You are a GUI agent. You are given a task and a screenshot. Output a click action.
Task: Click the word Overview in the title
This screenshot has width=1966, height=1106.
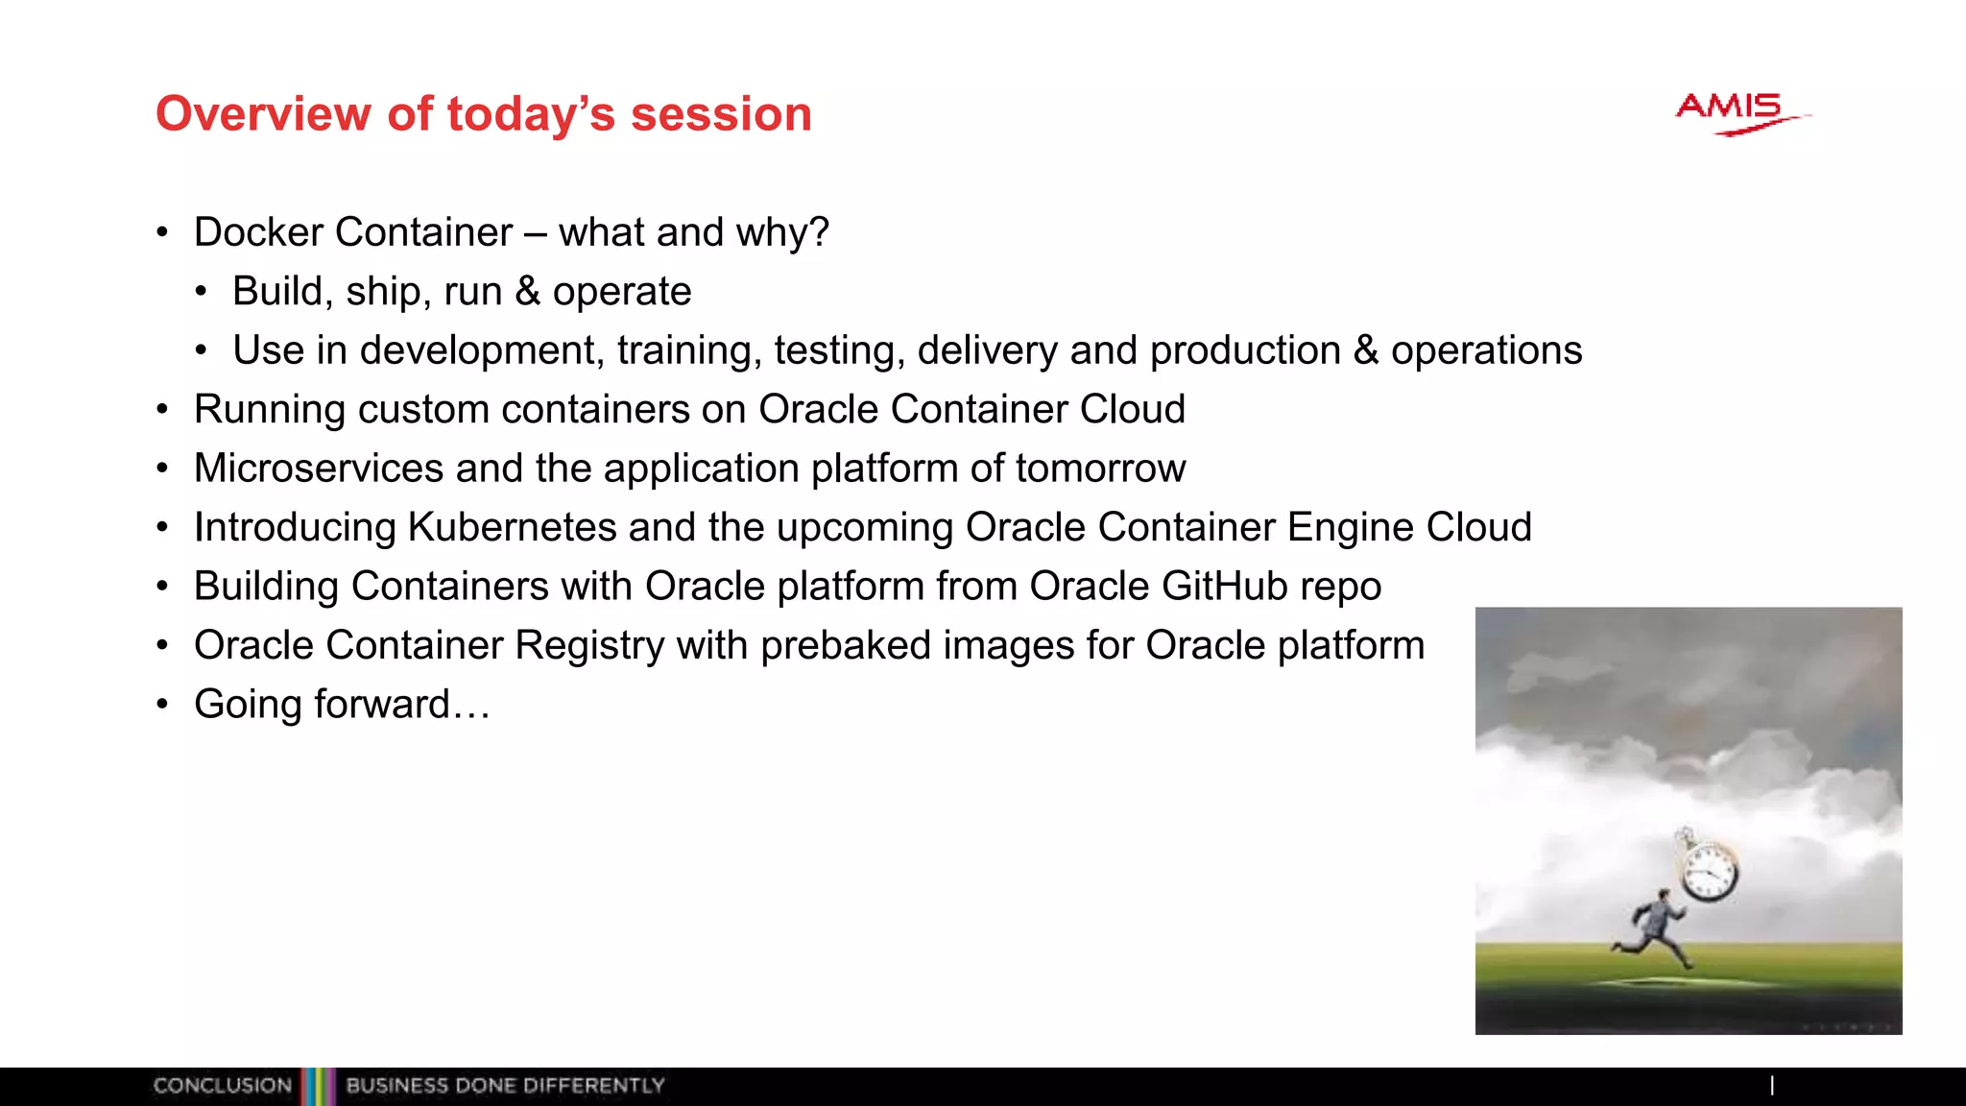tap(262, 114)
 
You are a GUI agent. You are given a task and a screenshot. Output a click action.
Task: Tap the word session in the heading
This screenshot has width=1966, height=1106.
tap(721, 114)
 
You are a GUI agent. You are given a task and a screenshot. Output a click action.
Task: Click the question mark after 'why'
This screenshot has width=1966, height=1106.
tap(819, 232)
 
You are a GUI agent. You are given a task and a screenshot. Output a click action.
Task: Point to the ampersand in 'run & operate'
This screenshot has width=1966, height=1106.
tap(527, 291)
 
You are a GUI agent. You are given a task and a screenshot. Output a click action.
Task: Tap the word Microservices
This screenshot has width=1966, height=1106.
tap(319, 469)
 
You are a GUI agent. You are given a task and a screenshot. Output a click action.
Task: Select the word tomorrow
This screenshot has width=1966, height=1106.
tap(1100, 469)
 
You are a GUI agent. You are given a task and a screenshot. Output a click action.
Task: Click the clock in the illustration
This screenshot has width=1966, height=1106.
tap(1709, 872)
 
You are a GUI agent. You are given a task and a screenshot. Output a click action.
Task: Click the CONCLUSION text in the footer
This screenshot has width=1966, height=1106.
tap(222, 1086)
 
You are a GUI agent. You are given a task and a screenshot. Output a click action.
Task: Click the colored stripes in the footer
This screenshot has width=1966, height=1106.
tap(318, 1086)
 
